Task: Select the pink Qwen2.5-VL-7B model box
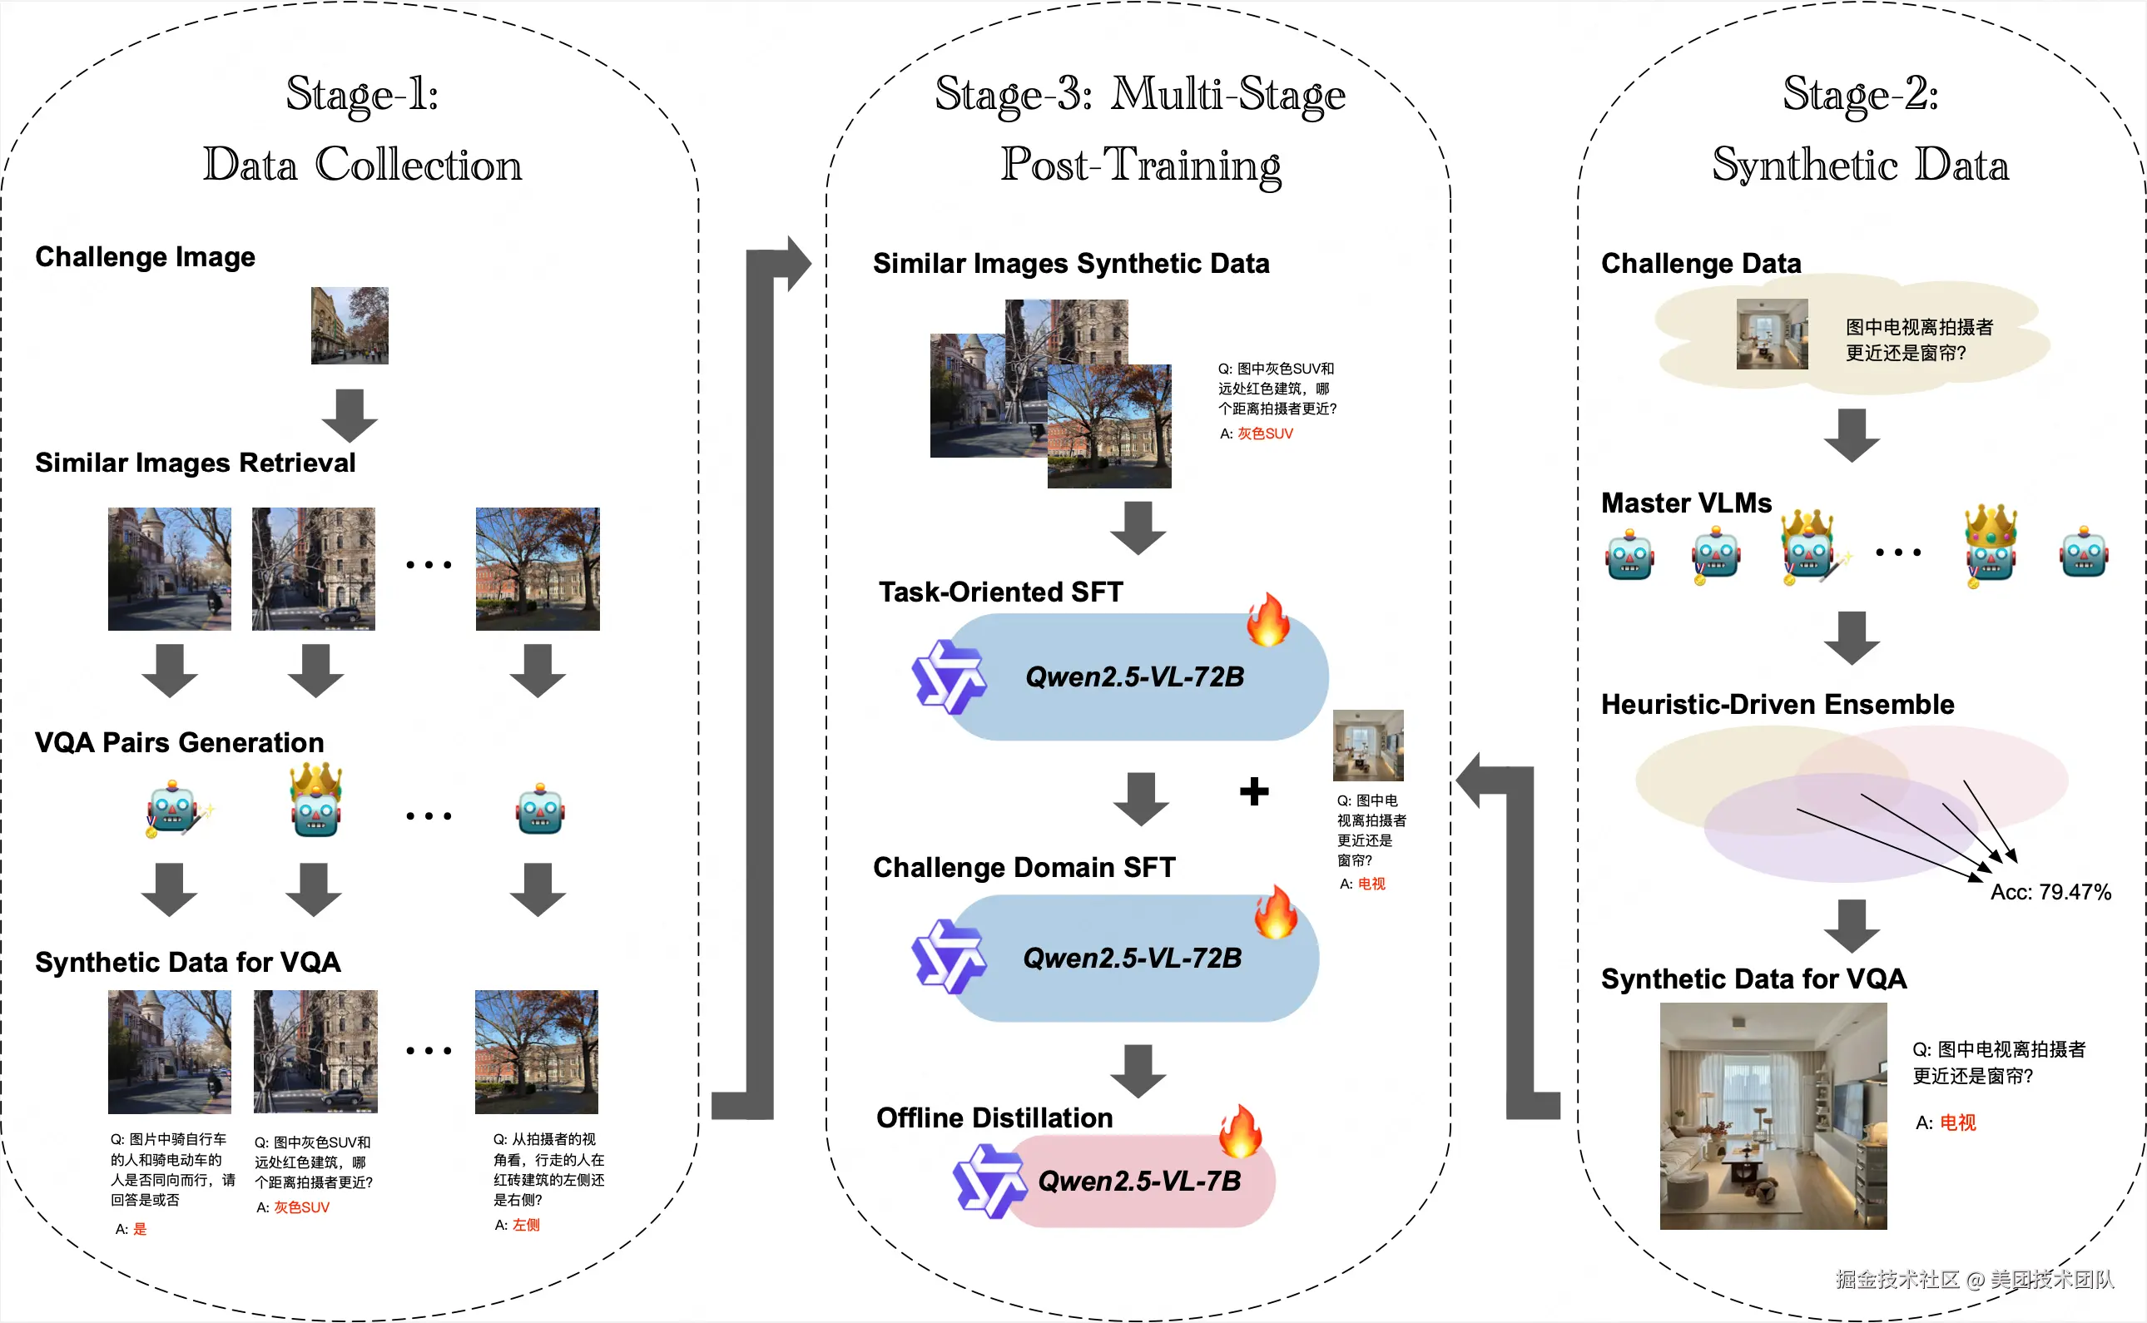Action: [1138, 1182]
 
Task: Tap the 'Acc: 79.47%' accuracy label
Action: [2050, 892]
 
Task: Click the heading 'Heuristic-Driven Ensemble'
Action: [1777, 705]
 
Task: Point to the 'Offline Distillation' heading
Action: [994, 1117]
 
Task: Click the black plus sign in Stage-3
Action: [1254, 791]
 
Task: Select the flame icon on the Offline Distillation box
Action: [1241, 1131]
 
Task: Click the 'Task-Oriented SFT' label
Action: [1000, 592]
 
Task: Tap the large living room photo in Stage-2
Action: [1773, 1116]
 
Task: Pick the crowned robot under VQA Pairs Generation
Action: [316, 800]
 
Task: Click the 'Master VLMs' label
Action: [1686, 503]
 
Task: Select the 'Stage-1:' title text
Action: [362, 94]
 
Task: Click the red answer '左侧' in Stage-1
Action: [526, 1225]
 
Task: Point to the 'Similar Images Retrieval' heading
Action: [195, 462]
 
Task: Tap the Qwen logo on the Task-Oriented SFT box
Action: [949, 676]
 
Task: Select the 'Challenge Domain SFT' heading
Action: [1024, 867]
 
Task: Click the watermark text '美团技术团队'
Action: [2051, 1279]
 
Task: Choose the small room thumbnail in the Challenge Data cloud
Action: [1772, 334]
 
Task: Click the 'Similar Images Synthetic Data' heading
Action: [1071, 264]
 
